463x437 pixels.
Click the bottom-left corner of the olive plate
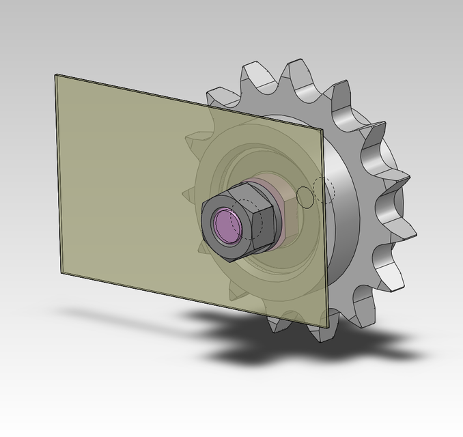(x=60, y=272)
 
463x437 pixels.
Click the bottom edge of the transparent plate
(x=191, y=298)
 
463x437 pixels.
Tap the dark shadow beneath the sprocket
(x=287, y=341)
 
